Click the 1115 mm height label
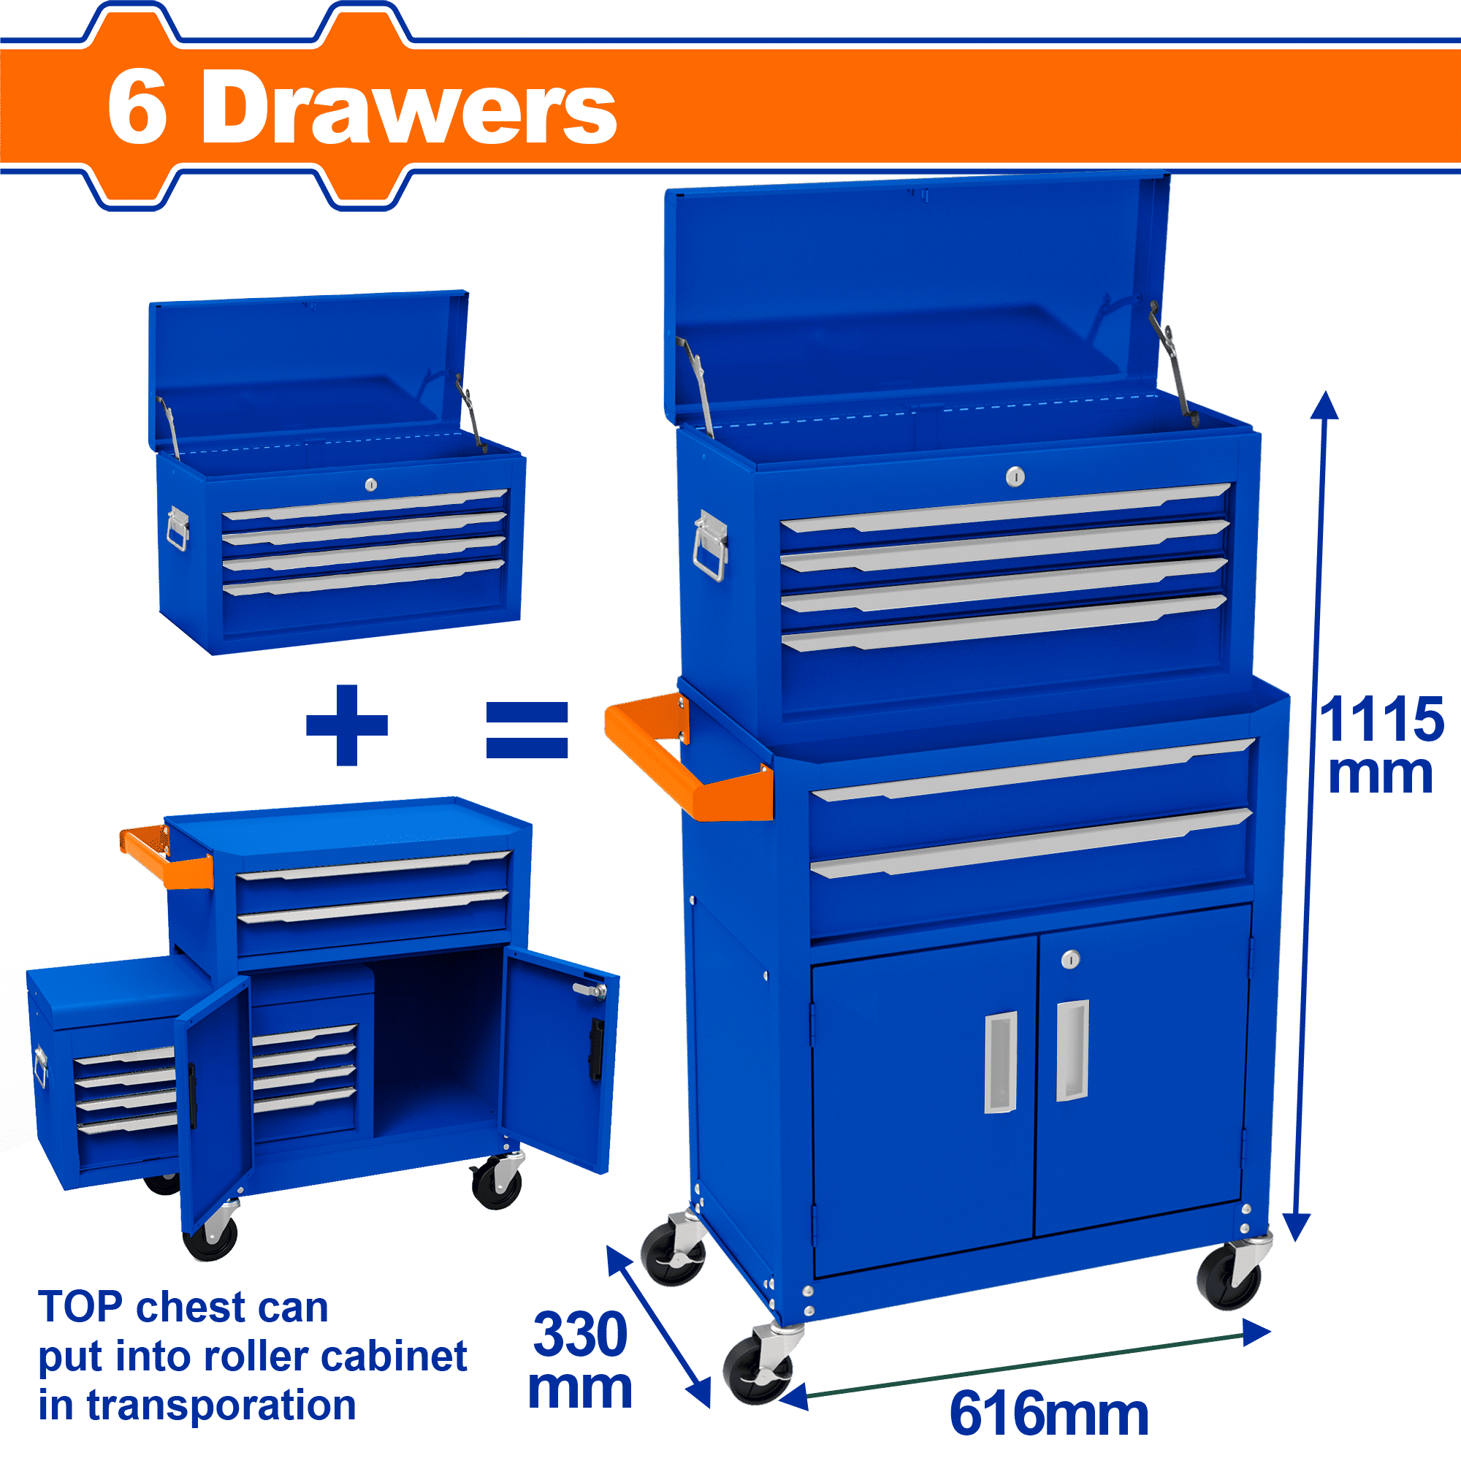pos(1381,747)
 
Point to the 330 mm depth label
pos(580,1361)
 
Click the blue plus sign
pos(346,725)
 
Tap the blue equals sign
pos(527,729)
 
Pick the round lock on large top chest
pos(1015,476)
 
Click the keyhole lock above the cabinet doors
pos(1069,960)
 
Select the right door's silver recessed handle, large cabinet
pos(1072,1051)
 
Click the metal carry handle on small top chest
pos(178,529)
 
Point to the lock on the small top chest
pos(370,484)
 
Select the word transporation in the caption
pos(221,1405)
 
